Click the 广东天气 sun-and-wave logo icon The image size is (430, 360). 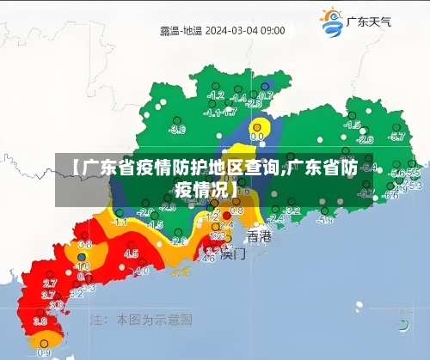pos(331,22)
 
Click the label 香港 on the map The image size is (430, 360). pos(258,235)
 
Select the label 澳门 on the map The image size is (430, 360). pos(233,253)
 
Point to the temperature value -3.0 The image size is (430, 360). pos(177,130)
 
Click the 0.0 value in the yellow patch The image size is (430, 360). pos(257,136)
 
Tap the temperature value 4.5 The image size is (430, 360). pos(131,253)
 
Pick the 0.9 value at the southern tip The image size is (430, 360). pos(44,352)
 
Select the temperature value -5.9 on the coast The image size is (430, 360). pos(324,221)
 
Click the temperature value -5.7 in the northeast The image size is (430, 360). pos(396,137)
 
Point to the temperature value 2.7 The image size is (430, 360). pos(50,283)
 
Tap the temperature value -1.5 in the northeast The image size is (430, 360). pos(352,125)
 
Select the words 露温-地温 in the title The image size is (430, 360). pos(181,30)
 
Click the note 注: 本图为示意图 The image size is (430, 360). pos(141,320)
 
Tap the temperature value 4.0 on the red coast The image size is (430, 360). pos(142,270)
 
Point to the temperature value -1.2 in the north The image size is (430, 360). pos(217,95)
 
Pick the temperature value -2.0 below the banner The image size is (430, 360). pos(121,211)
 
